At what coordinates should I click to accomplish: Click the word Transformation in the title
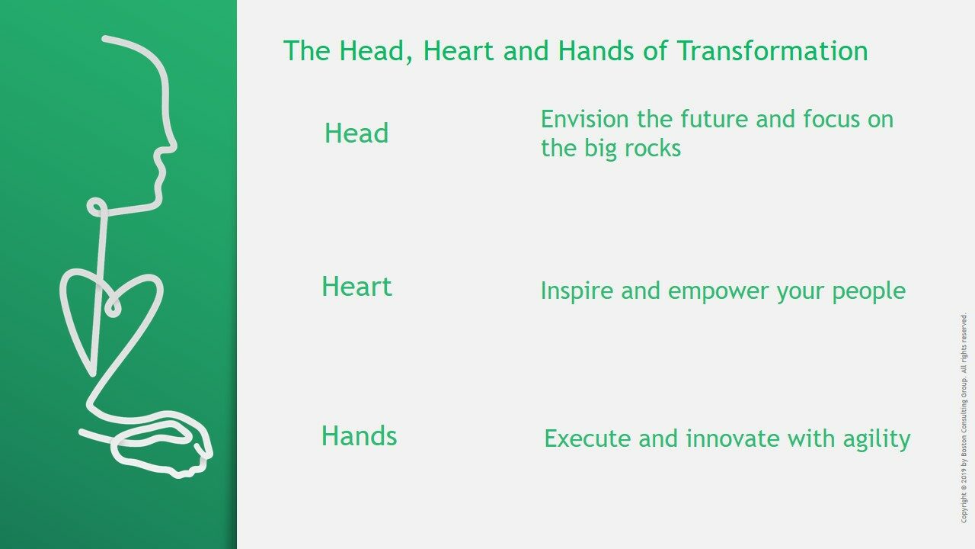[x=772, y=50]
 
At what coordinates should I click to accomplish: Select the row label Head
[x=356, y=133]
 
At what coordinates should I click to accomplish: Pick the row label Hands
[x=359, y=435]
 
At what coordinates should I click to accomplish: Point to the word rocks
[x=653, y=148]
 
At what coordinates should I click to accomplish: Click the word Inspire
[x=577, y=291]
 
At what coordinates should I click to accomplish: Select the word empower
[x=718, y=291]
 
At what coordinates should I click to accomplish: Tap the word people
[x=869, y=291]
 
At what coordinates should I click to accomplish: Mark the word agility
[x=877, y=439]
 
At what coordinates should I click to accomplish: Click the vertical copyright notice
[x=964, y=419]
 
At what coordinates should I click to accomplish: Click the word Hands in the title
[x=596, y=50]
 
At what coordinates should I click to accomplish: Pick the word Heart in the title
[x=459, y=50]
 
